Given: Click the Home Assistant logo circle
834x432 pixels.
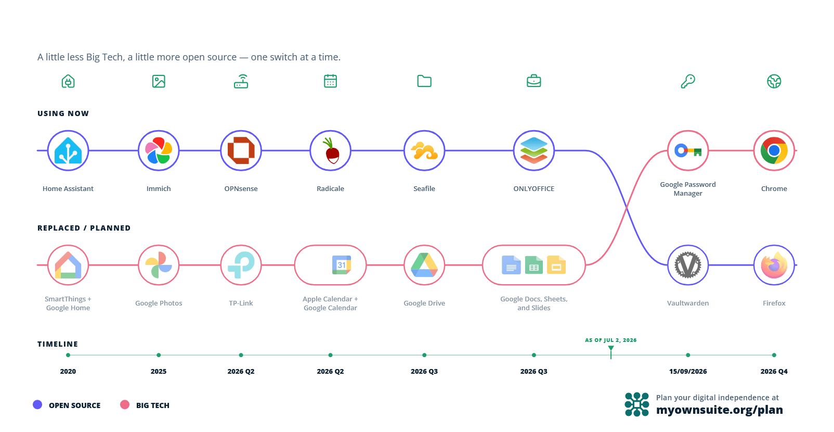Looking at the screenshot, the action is pyautogui.click(x=68, y=150).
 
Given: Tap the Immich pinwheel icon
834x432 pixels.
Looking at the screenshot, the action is pyautogui.click(x=159, y=150).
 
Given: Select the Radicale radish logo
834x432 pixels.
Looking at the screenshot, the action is pyautogui.click(x=331, y=150).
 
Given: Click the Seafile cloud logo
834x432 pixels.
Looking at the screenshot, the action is pyautogui.click(x=424, y=150).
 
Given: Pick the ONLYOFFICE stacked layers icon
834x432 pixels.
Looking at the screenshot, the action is pyautogui.click(x=533, y=150).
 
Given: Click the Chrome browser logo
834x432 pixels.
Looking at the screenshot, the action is pyautogui.click(x=774, y=150).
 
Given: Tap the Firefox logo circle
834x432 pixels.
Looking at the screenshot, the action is pyautogui.click(x=774, y=265).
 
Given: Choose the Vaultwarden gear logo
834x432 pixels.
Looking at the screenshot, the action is pyautogui.click(x=688, y=265).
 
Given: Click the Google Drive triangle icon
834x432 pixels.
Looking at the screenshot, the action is pyautogui.click(x=424, y=265).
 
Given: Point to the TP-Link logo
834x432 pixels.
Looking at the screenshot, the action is pyautogui.click(x=241, y=265).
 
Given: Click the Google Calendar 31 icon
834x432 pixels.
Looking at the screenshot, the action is pyautogui.click(x=342, y=265).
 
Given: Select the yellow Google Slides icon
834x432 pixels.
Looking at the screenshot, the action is pyautogui.click(x=556, y=265).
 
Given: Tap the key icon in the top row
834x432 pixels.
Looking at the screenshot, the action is pyautogui.click(x=688, y=81).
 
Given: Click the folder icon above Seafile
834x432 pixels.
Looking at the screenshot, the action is pyautogui.click(x=424, y=81).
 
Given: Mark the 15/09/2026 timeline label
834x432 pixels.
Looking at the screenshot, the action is pyautogui.click(x=688, y=371).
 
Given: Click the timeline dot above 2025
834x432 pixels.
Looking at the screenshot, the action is pyautogui.click(x=159, y=355).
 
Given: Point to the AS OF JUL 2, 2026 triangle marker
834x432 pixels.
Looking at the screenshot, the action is pyautogui.click(x=611, y=348).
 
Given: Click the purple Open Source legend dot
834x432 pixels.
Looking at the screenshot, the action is pyautogui.click(x=37, y=404).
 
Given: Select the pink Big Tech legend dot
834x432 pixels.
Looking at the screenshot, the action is pyautogui.click(x=125, y=404).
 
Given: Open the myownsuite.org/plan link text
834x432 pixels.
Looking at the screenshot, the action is pyautogui.click(x=719, y=410).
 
